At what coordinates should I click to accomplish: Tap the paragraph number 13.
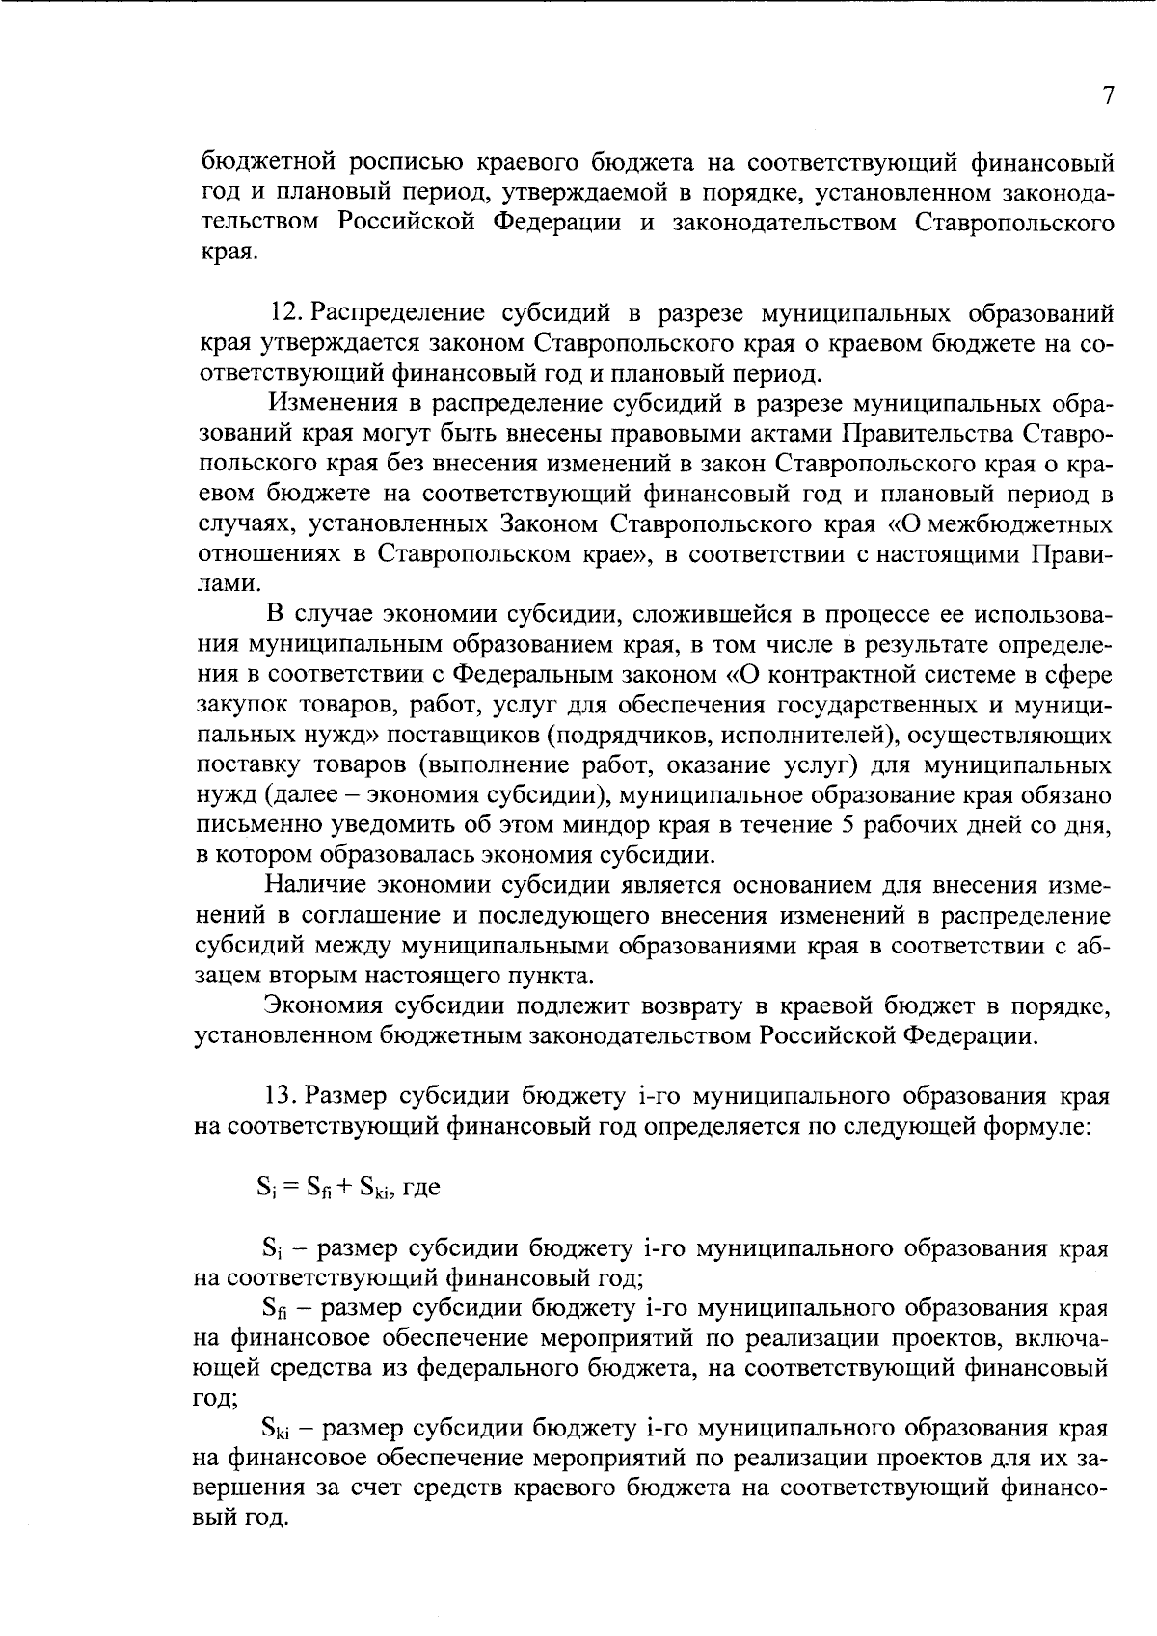[281, 1097]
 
